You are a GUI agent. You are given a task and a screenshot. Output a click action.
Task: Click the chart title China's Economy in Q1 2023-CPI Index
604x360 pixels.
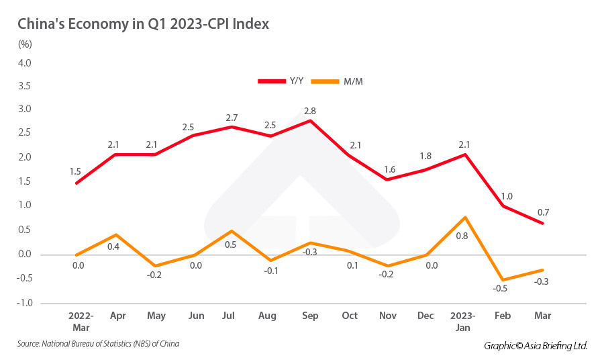tap(143, 24)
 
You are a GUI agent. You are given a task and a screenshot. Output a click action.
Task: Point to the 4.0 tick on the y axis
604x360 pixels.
tap(24, 63)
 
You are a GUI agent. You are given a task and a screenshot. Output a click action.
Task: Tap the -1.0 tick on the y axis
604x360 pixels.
tap(24, 303)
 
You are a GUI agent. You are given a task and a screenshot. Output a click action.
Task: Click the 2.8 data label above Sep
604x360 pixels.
tap(310, 109)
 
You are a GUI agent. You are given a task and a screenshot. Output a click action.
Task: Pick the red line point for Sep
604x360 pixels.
tap(310, 121)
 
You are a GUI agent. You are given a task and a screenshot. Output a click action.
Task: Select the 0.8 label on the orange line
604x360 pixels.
tap(463, 236)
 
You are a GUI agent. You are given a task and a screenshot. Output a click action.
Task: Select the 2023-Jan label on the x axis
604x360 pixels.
tap(463, 321)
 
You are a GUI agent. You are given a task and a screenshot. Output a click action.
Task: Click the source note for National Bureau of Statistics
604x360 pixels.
tap(99, 344)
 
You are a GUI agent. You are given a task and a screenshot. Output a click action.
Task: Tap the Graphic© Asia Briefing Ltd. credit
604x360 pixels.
tap(536, 345)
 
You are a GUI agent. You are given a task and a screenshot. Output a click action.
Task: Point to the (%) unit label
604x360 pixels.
tap(25, 45)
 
